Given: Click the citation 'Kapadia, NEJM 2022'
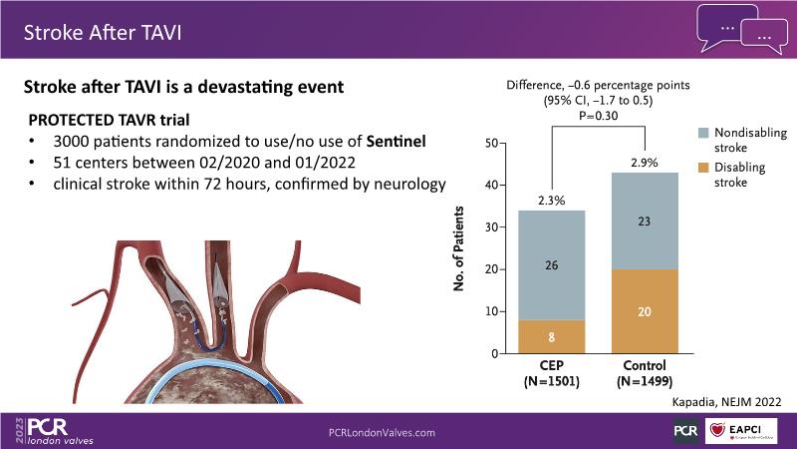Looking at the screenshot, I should point(725,401).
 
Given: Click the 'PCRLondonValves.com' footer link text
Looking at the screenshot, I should point(382,432).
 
